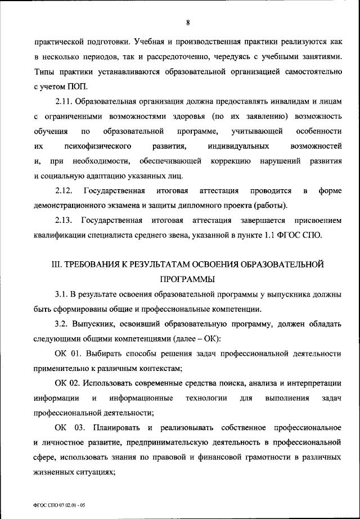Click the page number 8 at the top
pos(188,23)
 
